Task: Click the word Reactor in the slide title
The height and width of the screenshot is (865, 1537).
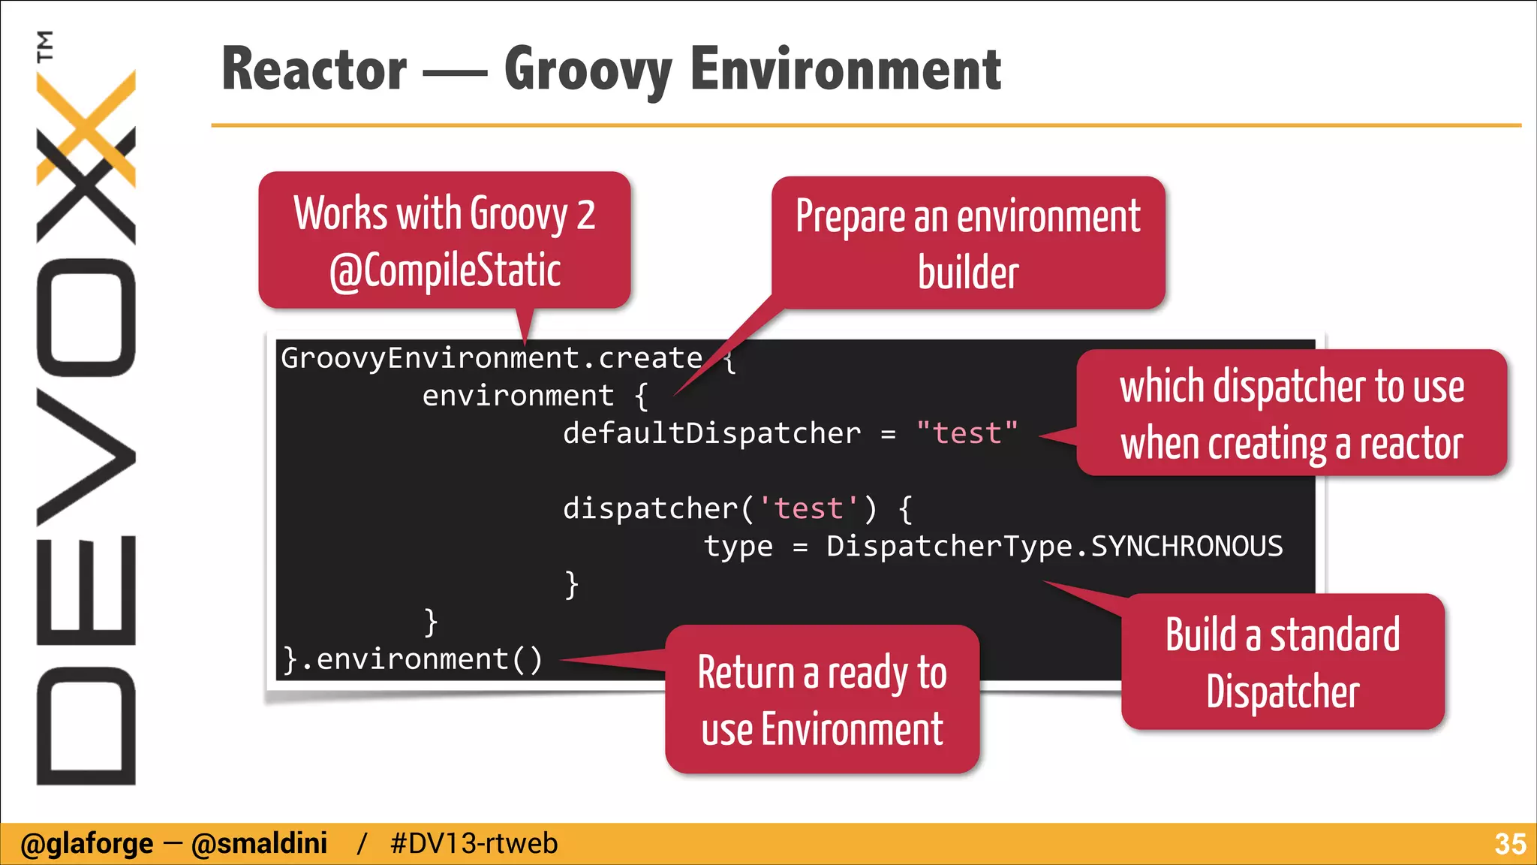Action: point(314,69)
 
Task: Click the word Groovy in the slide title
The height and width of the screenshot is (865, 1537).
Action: point(588,69)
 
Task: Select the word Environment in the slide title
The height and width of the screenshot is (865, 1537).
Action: point(845,69)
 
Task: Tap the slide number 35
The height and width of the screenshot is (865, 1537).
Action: point(1509,844)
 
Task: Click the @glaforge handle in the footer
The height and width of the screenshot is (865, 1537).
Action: point(86,844)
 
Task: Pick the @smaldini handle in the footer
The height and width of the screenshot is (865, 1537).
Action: point(259,844)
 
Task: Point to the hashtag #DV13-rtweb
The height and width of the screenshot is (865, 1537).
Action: point(474,844)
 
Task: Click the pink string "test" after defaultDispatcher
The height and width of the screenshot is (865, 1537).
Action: point(967,433)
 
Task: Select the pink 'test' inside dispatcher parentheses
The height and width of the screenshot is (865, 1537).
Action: point(808,508)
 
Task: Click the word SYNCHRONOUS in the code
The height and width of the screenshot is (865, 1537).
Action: point(1187,546)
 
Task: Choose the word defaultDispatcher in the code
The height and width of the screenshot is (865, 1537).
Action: point(711,433)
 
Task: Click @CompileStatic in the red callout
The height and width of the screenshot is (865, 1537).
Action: point(445,270)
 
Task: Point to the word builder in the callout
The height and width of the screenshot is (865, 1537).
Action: point(968,273)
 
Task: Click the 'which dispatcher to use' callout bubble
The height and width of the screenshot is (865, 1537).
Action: point(1291,413)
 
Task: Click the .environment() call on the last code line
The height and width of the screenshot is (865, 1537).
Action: point(420,659)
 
